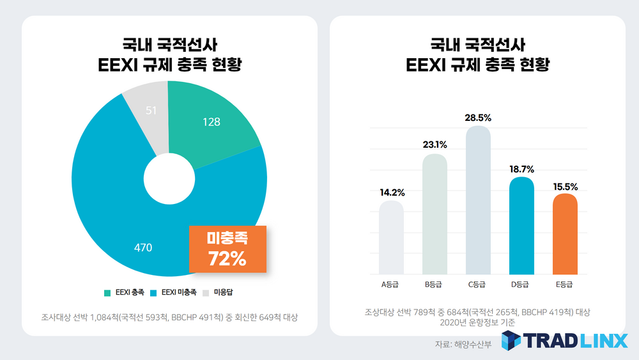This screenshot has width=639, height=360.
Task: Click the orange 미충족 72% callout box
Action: tap(227, 248)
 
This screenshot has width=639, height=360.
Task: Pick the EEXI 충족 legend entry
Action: tap(124, 292)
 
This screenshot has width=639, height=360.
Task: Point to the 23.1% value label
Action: tap(435, 145)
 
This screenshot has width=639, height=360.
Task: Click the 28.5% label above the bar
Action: tap(478, 117)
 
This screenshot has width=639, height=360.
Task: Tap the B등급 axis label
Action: tap(435, 285)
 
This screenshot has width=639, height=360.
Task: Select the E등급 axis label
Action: tap(565, 285)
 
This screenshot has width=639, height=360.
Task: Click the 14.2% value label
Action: tap(391, 192)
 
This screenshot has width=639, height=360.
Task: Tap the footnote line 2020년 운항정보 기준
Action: tap(477, 323)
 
